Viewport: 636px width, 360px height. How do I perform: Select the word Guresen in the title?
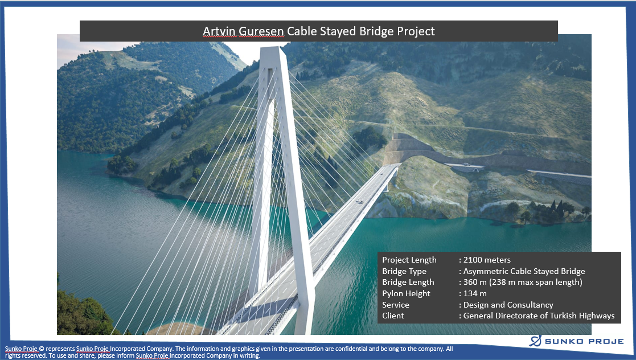[261, 31]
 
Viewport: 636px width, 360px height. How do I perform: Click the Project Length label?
[409, 260]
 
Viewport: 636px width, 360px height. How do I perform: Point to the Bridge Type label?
[404, 271]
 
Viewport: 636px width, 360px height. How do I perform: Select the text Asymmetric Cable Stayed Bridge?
[524, 271]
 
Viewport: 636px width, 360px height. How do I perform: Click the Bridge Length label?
[408, 282]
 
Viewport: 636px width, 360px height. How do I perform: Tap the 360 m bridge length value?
[523, 282]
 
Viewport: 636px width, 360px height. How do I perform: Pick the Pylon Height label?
[406, 293]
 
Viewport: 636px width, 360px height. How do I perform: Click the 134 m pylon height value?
[475, 293]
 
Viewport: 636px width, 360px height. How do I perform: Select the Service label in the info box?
[396, 305]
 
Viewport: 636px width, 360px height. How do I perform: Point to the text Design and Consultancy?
[508, 305]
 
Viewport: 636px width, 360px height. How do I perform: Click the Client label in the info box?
[393, 316]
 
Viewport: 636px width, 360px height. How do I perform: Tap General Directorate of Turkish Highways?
[539, 316]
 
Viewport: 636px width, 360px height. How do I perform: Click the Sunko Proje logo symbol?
[535, 341]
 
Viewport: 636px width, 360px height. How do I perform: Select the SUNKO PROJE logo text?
[584, 341]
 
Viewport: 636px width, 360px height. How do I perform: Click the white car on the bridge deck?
[359, 201]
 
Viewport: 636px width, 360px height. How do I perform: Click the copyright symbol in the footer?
[42, 349]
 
